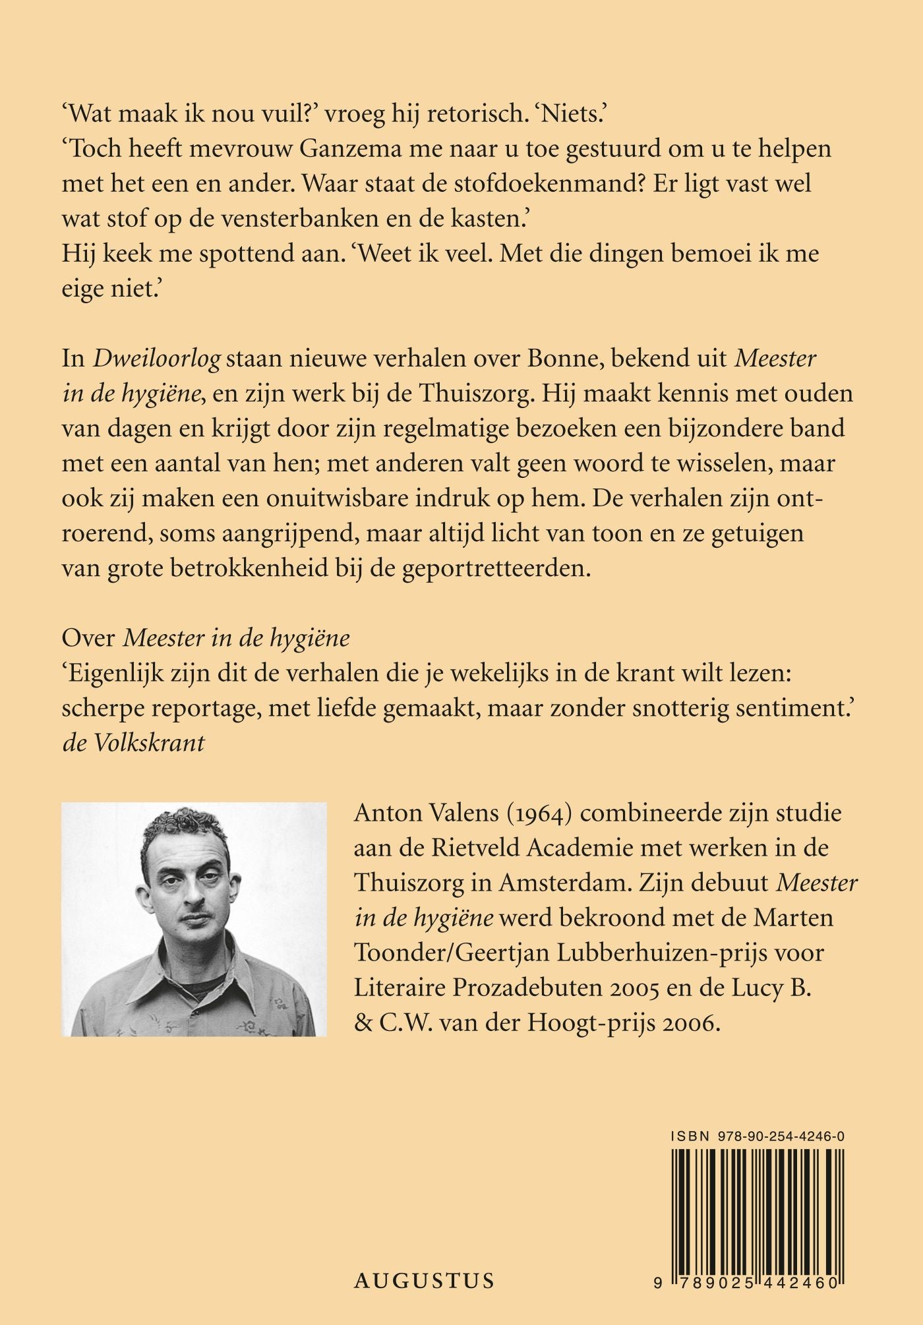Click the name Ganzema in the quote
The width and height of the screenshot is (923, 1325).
[355, 150]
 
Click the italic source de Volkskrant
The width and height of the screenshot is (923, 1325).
[133, 744]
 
